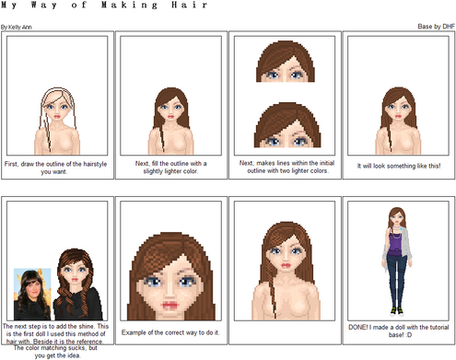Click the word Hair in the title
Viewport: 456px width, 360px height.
point(189,6)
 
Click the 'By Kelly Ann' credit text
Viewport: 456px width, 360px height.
point(17,27)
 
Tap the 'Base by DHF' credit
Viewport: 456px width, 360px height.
point(436,27)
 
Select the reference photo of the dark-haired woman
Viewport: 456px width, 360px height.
point(32,294)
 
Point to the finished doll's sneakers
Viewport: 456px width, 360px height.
point(397,311)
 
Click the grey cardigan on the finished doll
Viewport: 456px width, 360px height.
point(406,247)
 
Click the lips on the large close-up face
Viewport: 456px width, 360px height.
point(170,306)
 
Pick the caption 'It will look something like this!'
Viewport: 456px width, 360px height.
point(399,166)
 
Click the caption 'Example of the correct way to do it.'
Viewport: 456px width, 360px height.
point(170,332)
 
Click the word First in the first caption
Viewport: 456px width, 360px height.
point(11,164)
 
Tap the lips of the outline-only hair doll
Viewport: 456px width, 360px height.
point(57,117)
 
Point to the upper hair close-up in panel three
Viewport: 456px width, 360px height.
point(286,62)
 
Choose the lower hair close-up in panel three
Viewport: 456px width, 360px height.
point(287,125)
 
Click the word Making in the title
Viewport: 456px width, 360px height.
point(129,6)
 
